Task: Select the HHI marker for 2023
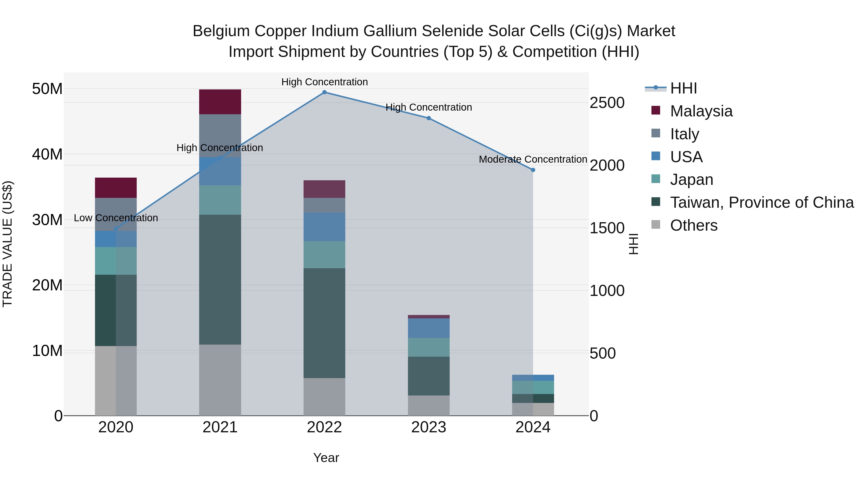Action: (x=429, y=118)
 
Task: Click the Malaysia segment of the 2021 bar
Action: (x=220, y=102)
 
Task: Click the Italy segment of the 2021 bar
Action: (x=220, y=135)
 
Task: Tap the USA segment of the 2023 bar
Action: (x=429, y=328)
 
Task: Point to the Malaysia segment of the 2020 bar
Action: (x=115, y=187)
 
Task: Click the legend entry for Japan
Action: (x=692, y=180)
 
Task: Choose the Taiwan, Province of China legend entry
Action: (x=761, y=202)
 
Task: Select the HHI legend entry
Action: (x=683, y=88)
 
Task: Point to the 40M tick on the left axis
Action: (x=47, y=154)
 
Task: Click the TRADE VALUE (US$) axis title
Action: (x=7, y=244)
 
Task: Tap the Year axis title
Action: (x=326, y=458)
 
